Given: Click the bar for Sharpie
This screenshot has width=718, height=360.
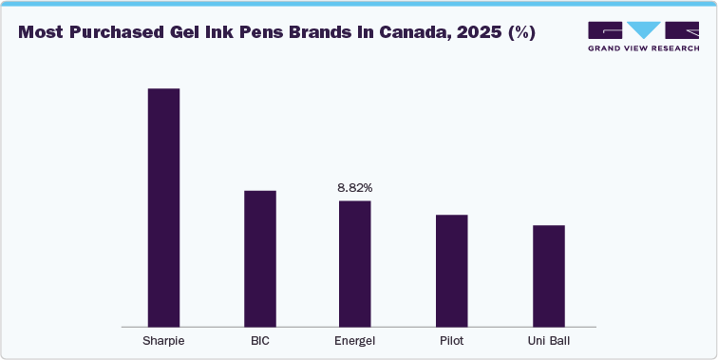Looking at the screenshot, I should [x=163, y=207].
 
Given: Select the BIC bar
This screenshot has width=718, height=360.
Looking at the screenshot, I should [x=260, y=258].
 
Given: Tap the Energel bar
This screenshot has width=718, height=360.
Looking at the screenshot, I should [x=355, y=263].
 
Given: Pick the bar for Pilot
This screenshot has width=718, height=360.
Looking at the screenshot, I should [x=452, y=271].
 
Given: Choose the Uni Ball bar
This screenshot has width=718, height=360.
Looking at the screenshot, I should [x=549, y=275].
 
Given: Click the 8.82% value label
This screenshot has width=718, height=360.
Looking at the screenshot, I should [x=355, y=188].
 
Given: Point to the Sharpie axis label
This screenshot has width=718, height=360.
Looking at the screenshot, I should [x=163, y=340].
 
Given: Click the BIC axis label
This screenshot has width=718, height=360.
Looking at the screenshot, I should [x=260, y=340].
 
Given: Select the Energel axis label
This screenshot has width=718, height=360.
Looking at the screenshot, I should [x=355, y=340].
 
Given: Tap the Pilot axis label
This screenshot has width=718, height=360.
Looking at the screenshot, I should [x=452, y=340].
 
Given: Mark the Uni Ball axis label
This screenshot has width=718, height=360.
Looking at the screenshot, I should [x=549, y=340].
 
